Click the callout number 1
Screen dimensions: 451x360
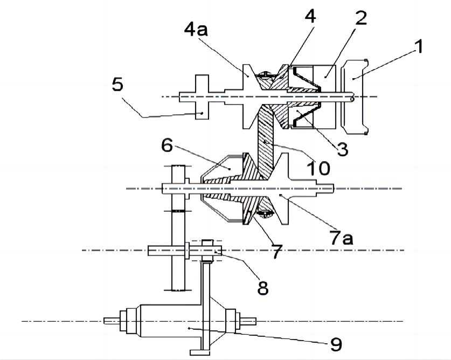pyautogui.click(x=418, y=47)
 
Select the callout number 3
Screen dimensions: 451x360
pyautogui.click(x=342, y=149)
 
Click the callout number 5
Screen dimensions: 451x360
pyautogui.click(x=117, y=85)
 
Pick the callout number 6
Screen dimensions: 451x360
pyautogui.click(x=167, y=146)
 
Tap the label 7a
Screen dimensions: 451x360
pyautogui.click(x=342, y=237)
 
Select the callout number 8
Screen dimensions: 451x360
pyautogui.click(x=262, y=287)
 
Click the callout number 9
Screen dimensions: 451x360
pyautogui.click(x=335, y=344)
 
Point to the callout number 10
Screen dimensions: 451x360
pyautogui.click(x=319, y=168)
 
